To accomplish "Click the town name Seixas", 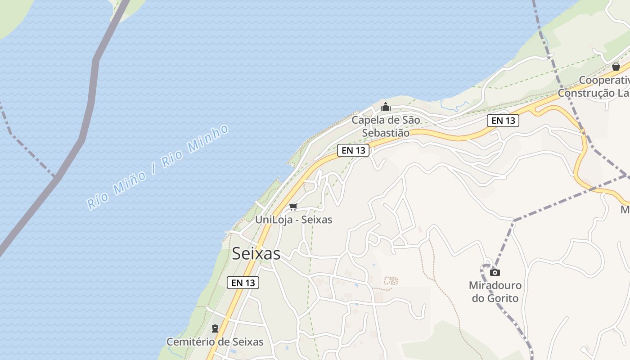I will (x=256, y=254).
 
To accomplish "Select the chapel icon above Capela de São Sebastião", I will (x=386, y=107).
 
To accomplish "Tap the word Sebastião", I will (x=386, y=133).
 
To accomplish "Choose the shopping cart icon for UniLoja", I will (x=293, y=207).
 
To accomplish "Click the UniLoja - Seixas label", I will (x=293, y=220).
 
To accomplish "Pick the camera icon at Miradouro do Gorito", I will (x=495, y=272).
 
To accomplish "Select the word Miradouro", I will (x=495, y=285).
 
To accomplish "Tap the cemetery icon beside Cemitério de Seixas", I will (x=215, y=328).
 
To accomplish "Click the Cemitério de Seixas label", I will (x=215, y=342).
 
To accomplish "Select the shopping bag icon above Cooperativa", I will (x=616, y=67).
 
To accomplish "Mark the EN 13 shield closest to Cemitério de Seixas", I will (x=243, y=283).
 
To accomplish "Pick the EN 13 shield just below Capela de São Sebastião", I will (x=353, y=150).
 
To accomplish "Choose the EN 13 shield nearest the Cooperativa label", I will (x=503, y=120).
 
